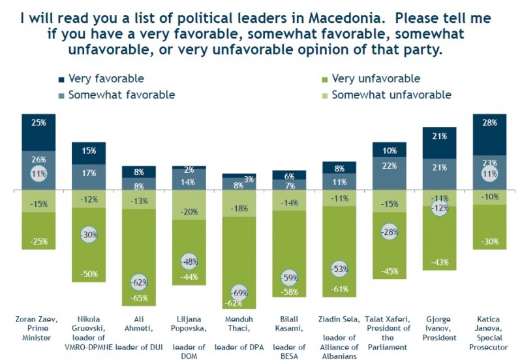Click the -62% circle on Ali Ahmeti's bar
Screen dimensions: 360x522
138,284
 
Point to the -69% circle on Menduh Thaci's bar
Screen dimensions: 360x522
239,293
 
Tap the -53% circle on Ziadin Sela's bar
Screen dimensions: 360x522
339,269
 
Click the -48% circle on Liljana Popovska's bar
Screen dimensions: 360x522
189,262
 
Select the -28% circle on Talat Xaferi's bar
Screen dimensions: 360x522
390,232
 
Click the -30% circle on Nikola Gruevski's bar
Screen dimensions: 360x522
88,235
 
